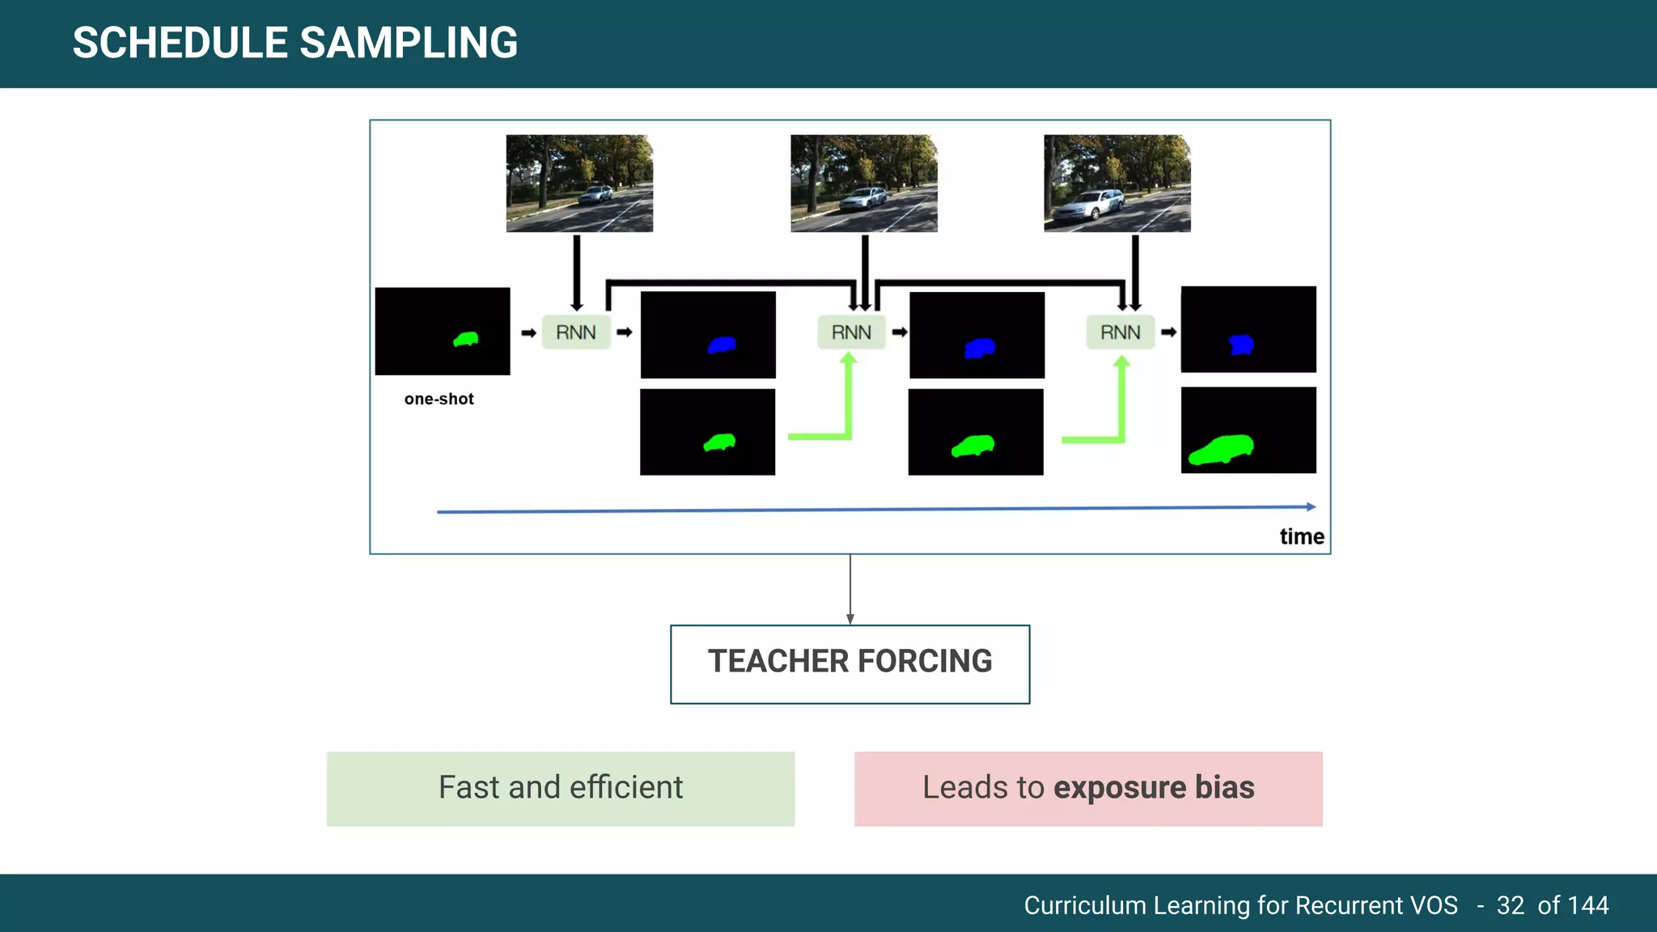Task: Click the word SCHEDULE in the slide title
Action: pos(180,43)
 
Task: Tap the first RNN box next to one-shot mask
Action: pos(575,333)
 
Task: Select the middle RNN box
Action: pos(851,333)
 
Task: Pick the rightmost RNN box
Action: pos(1120,333)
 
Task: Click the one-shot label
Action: pos(439,399)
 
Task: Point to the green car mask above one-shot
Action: pos(466,339)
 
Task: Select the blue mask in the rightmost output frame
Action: pos(1240,345)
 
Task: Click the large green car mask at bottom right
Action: pos(1222,449)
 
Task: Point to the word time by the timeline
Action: pos(1301,536)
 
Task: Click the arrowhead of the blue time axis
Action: pos(1311,506)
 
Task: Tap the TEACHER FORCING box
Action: pos(850,663)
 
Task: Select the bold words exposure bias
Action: pos(1154,787)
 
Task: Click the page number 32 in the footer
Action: pos(1510,905)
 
